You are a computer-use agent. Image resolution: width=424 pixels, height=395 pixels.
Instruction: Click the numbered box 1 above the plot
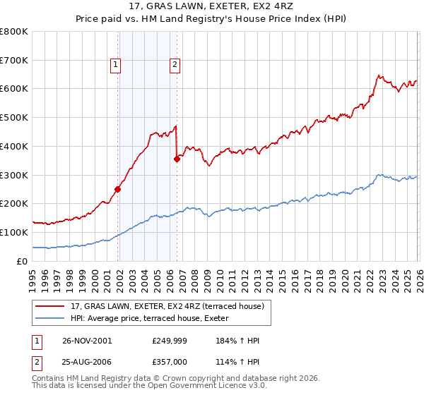click(x=116, y=65)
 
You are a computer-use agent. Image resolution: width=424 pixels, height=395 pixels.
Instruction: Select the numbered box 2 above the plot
click(x=174, y=65)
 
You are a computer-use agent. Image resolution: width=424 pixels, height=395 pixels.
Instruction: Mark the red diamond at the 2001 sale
click(x=118, y=189)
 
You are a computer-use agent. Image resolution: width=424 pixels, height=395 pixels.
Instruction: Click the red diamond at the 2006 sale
click(x=177, y=159)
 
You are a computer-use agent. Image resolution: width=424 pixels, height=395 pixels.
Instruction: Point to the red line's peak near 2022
click(x=379, y=75)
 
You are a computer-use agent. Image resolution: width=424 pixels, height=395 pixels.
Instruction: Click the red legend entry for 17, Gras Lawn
click(x=167, y=305)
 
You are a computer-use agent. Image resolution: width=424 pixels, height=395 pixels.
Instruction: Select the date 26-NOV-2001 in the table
click(x=87, y=341)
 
